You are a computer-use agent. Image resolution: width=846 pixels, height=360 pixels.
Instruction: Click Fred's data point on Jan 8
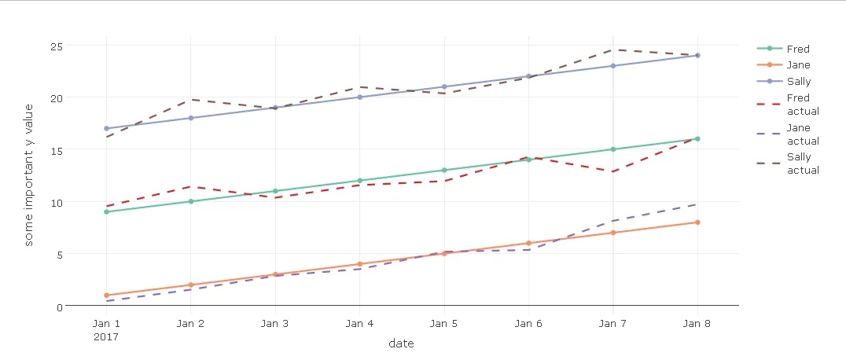(x=697, y=139)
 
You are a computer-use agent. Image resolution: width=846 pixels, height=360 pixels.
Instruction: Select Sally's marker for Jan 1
(x=106, y=128)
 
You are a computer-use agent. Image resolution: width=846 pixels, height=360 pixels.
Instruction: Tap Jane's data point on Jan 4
(x=359, y=264)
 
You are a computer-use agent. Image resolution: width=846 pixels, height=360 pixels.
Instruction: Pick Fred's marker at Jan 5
(x=444, y=170)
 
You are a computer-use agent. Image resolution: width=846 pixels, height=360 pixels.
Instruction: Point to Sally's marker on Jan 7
(x=612, y=66)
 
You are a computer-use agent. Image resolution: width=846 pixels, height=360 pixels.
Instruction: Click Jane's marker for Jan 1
(x=106, y=296)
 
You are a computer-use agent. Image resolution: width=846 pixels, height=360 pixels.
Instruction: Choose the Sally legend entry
(x=798, y=81)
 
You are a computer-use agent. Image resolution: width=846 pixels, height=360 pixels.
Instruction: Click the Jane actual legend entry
(x=802, y=134)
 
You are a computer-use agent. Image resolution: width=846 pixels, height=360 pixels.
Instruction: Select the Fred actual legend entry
(x=802, y=105)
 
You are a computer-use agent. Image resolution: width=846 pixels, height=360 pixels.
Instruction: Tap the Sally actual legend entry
(x=802, y=163)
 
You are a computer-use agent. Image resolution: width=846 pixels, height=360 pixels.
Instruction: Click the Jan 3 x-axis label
(x=275, y=323)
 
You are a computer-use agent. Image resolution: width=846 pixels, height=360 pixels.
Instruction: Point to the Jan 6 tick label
(x=528, y=323)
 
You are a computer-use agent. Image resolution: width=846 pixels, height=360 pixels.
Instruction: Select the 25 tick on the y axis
(x=56, y=46)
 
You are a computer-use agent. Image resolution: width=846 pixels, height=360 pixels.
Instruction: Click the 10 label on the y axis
(x=56, y=202)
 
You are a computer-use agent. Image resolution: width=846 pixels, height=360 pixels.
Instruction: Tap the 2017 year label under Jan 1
(x=106, y=336)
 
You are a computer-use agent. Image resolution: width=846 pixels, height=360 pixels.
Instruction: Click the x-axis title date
(x=401, y=343)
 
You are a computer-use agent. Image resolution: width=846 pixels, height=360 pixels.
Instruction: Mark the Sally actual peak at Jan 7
(x=612, y=50)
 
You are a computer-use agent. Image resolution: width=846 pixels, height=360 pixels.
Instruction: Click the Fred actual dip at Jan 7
(x=612, y=171)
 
